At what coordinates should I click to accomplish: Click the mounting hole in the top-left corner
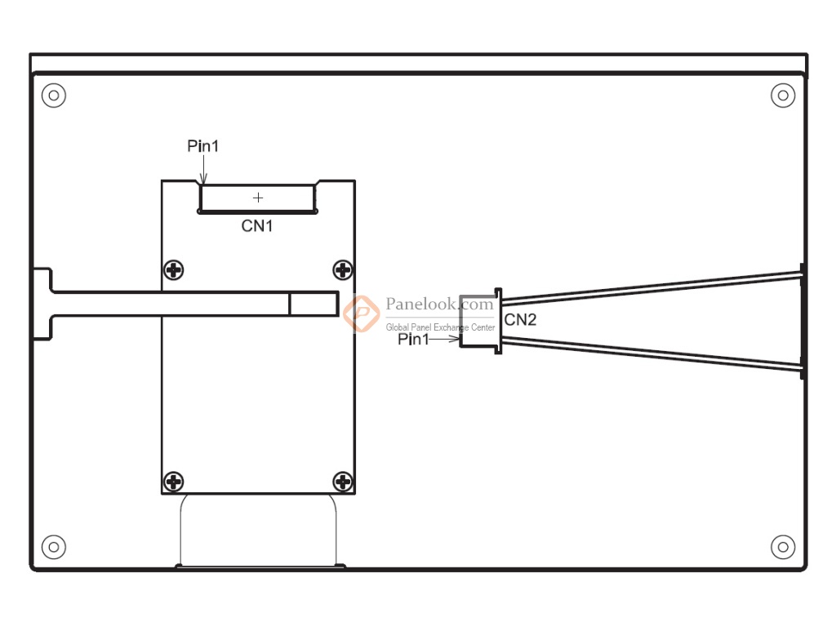click(x=54, y=96)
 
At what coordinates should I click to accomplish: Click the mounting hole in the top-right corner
click(x=783, y=96)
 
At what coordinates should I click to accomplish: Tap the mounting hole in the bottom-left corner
click(x=54, y=546)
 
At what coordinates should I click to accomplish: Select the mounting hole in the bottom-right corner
click(x=783, y=546)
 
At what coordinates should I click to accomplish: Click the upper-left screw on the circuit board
click(x=174, y=269)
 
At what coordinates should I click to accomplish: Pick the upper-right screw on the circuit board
click(x=343, y=269)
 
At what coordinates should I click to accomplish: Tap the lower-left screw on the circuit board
click(x=174, y=481)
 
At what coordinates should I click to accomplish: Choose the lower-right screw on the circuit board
click(x=343, y=481)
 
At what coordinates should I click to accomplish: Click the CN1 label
click(x=257, y=226)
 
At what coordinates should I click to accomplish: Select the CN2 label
click(x=520, y=320)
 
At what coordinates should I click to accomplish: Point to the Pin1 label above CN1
click(x=203, y=146)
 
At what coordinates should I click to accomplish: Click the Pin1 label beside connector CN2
click(x=413, y=340)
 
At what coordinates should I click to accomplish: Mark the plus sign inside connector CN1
click(x=258, y=198)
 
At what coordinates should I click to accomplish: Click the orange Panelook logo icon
click(x=360, y=313)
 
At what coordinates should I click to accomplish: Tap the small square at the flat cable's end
click(x=313, y=304)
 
